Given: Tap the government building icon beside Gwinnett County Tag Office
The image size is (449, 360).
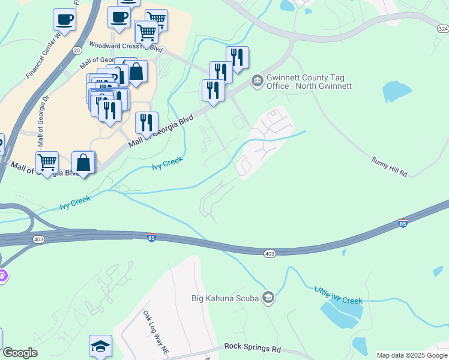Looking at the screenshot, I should (x=258, y=80).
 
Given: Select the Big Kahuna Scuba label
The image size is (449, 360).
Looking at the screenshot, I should (x=225, y=298).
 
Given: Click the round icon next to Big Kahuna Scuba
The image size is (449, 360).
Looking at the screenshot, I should (x=268, y=298).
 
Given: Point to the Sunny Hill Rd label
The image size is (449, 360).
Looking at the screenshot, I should (x=390, y=167).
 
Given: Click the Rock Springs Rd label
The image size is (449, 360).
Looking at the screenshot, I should (x=253, y=347).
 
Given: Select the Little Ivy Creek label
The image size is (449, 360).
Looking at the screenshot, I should (x=339, y=295).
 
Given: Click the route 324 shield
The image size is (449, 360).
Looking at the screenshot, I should (x=442, y=28).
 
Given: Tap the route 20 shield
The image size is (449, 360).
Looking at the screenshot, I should (x=77, y=51).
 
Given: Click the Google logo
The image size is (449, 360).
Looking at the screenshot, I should (x=20, y=353).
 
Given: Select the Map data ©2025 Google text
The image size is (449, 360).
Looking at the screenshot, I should (x=411, y=355).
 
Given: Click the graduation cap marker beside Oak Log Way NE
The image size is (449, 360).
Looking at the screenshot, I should (x=100, y=346).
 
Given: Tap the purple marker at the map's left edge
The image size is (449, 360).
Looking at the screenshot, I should (x=2, y=277).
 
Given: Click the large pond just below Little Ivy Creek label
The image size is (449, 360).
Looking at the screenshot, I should (x=340, y=314).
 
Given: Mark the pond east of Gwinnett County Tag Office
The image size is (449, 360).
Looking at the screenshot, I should (x=396, y=91).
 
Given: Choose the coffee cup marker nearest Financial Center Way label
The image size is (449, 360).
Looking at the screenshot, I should (x=64, y=20).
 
